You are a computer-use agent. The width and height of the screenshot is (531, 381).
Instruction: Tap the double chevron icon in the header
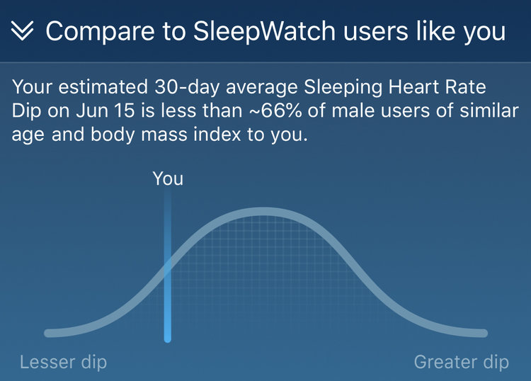click(23, 32)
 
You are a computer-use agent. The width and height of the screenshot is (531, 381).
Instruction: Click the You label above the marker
click(168, 178)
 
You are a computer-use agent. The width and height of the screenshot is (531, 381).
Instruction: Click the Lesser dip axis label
click(64, 363)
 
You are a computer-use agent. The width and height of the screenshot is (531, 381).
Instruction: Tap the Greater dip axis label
click(461, 363)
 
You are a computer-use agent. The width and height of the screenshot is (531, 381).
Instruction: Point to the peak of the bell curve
click(263, 212)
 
